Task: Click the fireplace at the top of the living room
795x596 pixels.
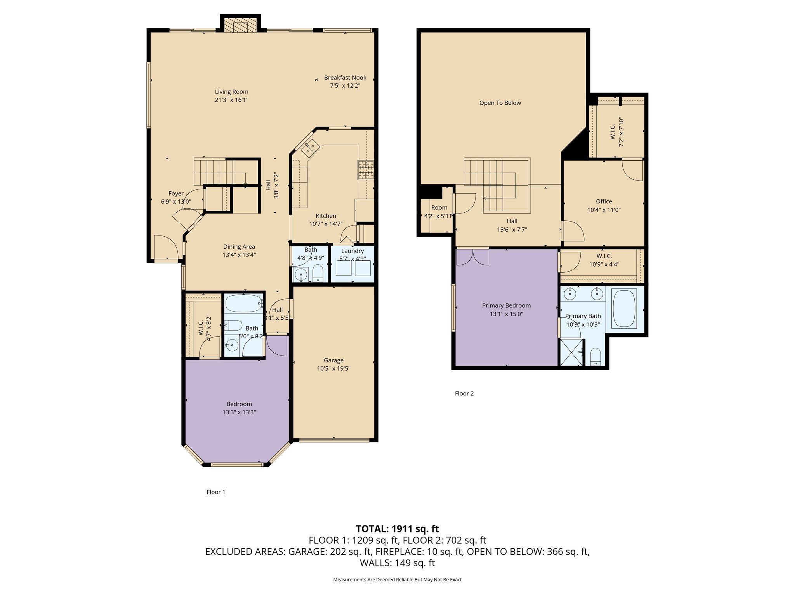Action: pyautogui.click(x=240, y=25)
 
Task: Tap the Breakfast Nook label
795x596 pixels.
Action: pyautogui.click(x=345, y=78)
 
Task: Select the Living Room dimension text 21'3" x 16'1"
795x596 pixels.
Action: pyautogui.click(x=231, y=100)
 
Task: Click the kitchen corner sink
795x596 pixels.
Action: pyautogui.click(x=311, y=147)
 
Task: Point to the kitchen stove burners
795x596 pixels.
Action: pyautogui.click(x=366, y=170)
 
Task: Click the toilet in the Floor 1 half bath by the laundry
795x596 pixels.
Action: pyautogui.click(x=318, y=274)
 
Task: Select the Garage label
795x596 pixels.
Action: pyautogui.click(x=334, y=360)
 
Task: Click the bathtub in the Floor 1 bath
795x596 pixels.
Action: pyautogui.click(x=244, y=303)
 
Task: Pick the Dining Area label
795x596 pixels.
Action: pyautogui.click(x=239, y=247)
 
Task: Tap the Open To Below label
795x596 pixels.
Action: pyautogui.click(x=500, y=103)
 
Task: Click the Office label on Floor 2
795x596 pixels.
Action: pyautogui.click(x=604, y=201)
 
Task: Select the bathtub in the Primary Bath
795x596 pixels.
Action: pyautogui.click(x=624, y=308)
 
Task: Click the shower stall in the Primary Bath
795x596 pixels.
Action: pyautogui.click(x=571, y=352)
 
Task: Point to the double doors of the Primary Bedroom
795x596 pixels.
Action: pyautogui.click(x=473, y=257)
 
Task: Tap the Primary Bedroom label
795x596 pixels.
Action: pyautogui.click(x=506, y=306)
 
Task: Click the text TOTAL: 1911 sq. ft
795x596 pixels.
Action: pyautogui.click(x=397, y=528)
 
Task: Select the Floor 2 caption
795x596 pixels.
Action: pyautogui.click(x=464, y=393)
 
